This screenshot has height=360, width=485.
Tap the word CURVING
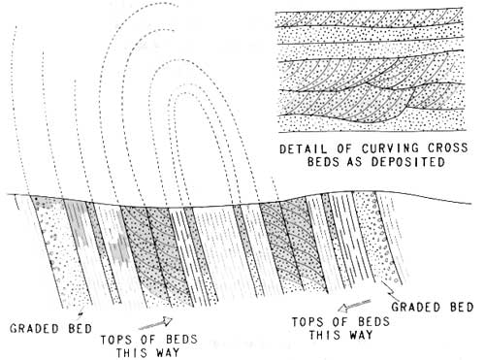point(391,148)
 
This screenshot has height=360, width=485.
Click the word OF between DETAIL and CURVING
point(344,149)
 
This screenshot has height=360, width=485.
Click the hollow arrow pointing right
point(156,323)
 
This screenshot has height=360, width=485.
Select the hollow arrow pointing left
point(354,306)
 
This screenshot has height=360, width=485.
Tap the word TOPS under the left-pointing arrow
point(307,322)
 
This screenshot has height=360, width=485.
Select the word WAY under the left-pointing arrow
point(361,335)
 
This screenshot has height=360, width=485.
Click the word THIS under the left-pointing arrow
point(324,335)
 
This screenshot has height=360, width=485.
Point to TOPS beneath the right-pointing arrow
point(115,340)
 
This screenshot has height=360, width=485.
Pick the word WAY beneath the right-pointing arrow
point(168,352)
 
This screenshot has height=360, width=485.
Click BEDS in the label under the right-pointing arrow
point(181,340)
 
